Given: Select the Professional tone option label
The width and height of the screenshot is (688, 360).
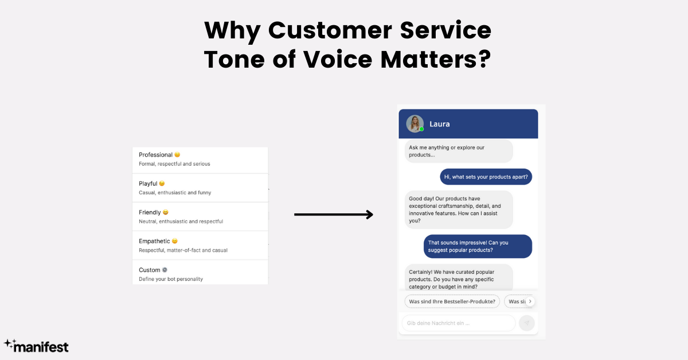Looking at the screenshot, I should (155, 155).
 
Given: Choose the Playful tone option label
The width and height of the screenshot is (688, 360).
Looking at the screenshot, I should (148, 183).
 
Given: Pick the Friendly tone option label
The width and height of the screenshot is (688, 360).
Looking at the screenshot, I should (150, 212).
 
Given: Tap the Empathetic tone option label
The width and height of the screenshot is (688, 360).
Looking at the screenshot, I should (154, 241).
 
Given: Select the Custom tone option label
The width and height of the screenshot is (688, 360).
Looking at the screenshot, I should (149, 270).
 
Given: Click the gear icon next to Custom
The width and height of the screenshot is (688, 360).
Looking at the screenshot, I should (165, 270).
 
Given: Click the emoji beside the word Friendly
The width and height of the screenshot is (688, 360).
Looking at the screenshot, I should (166, 213).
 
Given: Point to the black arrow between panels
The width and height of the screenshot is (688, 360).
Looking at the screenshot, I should (333, 215).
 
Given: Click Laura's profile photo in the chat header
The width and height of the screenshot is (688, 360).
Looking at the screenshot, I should (415, 123).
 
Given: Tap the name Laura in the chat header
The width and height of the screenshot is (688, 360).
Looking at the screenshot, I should (440, 124).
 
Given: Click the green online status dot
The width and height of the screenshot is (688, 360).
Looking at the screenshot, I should (421, 130).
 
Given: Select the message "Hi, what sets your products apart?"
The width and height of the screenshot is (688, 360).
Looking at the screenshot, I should (486, 177).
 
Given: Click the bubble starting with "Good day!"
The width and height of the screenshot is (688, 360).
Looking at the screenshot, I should (459, 210).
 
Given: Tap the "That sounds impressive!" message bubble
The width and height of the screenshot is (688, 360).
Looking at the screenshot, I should (478, 246).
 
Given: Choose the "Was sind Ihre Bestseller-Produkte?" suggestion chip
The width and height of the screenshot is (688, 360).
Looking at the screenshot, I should (452, 301).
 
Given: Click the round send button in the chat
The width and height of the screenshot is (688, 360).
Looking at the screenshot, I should (526, 323).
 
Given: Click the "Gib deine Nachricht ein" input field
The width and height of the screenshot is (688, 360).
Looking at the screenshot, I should (458, 323).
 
